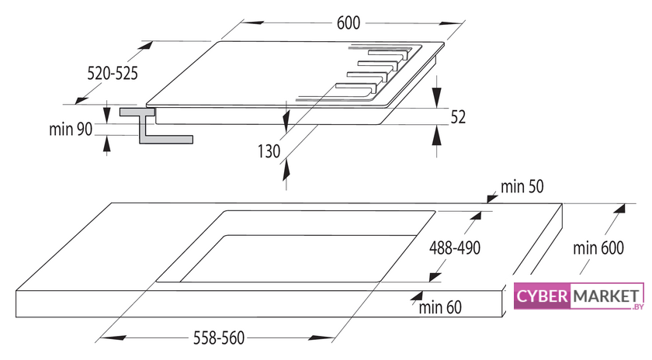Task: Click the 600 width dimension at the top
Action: pos(348,22)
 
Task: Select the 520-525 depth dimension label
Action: pos(113,73)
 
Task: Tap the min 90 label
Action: pos(71,130)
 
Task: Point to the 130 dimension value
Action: pos(269,151)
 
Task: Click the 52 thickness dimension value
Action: pos(458,117)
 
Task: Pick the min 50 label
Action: pos(522,187)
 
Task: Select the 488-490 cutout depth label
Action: pos(455,247)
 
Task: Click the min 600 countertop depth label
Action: pos(598,248)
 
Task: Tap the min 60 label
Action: pos(440,307)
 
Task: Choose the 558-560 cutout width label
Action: pos(219,337)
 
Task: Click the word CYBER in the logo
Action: pos(542,296)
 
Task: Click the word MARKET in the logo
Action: pos(606,296)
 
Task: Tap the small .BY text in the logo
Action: pos(638,306)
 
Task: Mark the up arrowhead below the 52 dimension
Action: pos(436,135)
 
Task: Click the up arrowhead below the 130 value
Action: pos(286,170)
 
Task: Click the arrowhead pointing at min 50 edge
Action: pos(492,198)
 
